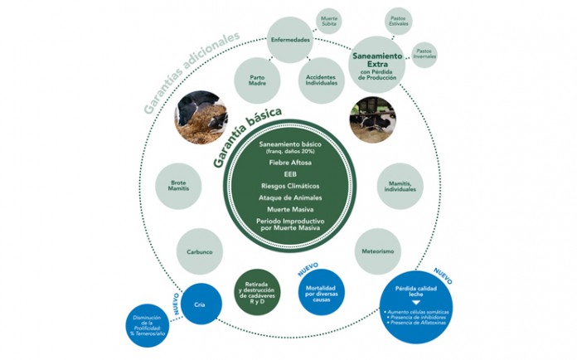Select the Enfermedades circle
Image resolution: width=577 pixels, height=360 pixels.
pyautogui.click(x=291, y=40)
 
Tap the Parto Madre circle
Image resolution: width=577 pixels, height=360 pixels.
pyautogui.click(x=258, y=81)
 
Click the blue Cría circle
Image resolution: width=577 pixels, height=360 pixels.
pyautogui.click(x=199, y=304)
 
